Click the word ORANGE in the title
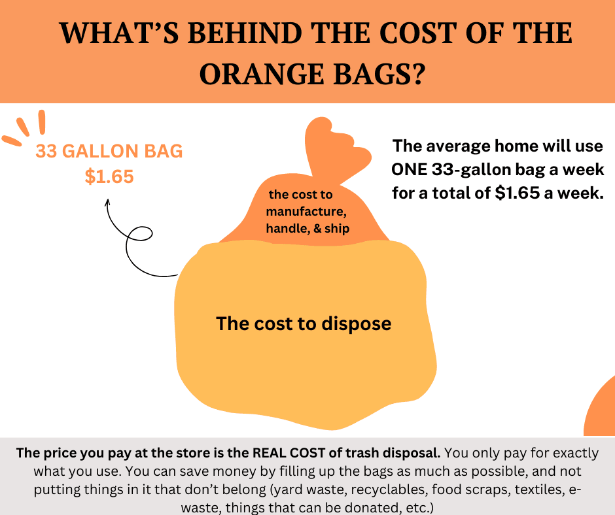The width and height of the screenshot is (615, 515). click(267, 74)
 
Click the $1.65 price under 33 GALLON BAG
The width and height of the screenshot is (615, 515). click(109, 176)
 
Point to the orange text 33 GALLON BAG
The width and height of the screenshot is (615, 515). click(109, 152)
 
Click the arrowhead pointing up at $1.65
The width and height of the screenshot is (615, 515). click(108, 204)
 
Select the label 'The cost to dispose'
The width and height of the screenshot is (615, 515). click(304, 324)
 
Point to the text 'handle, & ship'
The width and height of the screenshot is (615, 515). click(307, 229)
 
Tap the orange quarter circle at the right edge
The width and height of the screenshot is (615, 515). click(602, 408)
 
